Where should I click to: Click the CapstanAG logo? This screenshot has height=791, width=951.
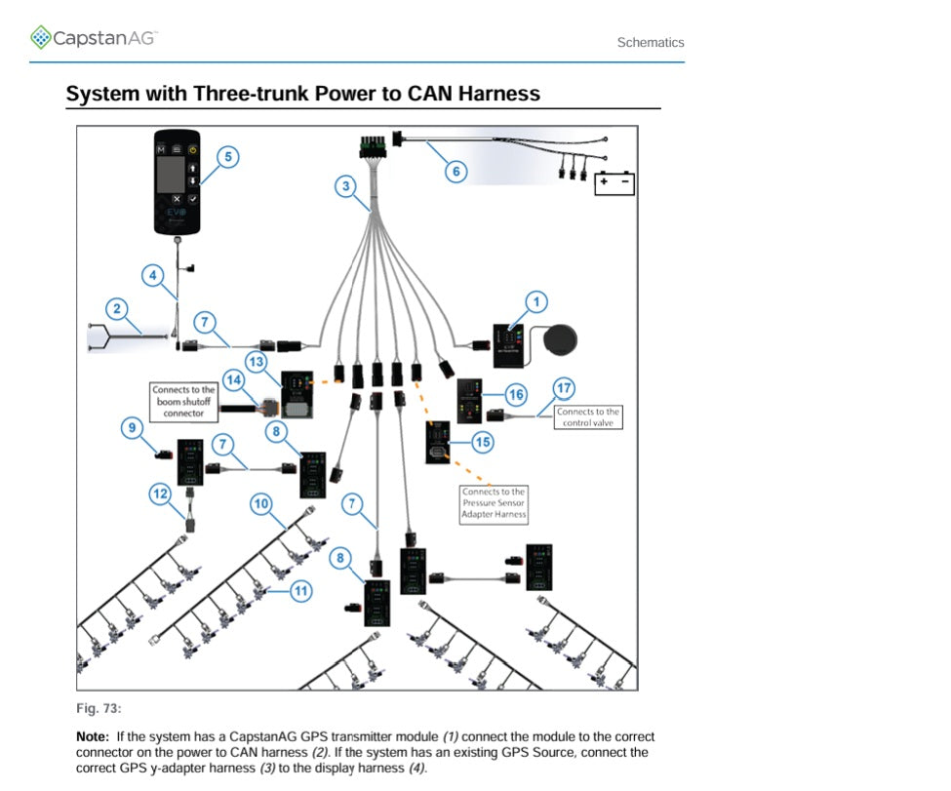pos(94,38)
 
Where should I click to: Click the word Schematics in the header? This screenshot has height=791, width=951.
pos(651,43)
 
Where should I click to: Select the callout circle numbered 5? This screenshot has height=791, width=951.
pos(226,157)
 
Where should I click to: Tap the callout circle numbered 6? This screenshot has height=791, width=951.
pos(455,171)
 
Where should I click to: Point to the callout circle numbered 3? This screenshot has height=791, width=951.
pos(345,187)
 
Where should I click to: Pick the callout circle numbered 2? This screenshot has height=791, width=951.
pos(117,310)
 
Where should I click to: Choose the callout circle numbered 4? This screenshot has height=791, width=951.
pos(152,276)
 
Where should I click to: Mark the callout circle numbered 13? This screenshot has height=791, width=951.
pos(257,362)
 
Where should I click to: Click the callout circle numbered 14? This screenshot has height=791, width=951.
pos(233,378)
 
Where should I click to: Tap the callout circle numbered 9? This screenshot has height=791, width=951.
pos(134,426)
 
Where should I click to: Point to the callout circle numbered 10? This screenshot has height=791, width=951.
pos(260,504)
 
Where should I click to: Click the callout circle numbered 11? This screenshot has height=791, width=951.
pos(302,590)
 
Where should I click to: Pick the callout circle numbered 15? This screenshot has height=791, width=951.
pos(481,442)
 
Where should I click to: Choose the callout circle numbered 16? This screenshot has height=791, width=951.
pos(516,394)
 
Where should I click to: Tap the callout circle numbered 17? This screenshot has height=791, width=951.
pos(564,388)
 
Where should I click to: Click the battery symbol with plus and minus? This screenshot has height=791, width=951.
pos(614,182)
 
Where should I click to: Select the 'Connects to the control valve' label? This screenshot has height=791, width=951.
pos(588,417)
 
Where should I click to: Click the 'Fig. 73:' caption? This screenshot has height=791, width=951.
pos(99,708)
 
